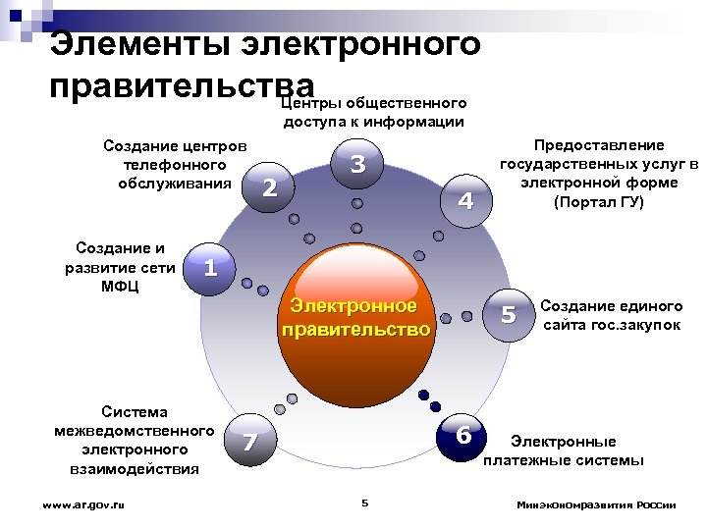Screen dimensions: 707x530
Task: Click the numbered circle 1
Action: pos(206,266)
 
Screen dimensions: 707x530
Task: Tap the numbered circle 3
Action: pos(357,165)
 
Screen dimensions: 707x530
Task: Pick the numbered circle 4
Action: pos(466,201)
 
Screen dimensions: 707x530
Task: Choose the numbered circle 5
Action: pos(508,315)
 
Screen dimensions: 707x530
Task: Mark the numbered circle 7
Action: pos(248,444)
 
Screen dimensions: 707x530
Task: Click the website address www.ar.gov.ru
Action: pos(83,504)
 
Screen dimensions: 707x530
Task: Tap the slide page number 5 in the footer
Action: pos(363,503)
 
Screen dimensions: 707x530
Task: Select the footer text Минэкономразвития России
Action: pos(596,504)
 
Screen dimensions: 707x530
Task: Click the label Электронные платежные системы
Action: pos(564,450)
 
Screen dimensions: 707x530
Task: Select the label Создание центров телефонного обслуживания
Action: pos(174,164)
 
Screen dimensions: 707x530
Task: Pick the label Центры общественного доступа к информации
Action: pos(372,112)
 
